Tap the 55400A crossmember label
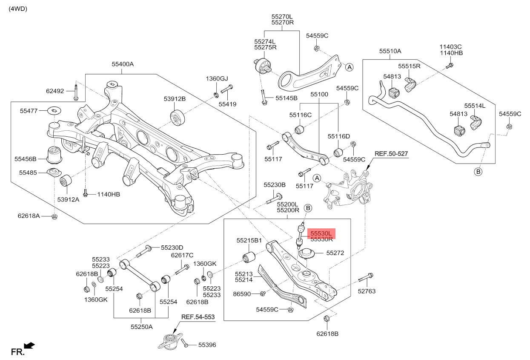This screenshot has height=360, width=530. click(123, 64)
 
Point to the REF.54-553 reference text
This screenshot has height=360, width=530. click(198, 317)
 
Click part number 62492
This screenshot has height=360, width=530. click(55, 91)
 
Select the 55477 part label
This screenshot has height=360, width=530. click(29, 111)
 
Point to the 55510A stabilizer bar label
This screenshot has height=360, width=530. click(390, 51)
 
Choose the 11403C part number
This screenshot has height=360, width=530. click(451, 46)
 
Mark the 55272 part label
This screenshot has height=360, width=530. click(335, 253)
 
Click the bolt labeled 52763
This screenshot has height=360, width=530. click(366, 278)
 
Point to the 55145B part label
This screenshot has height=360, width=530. click(286, 98)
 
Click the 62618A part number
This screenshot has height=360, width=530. click(29, 216)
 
